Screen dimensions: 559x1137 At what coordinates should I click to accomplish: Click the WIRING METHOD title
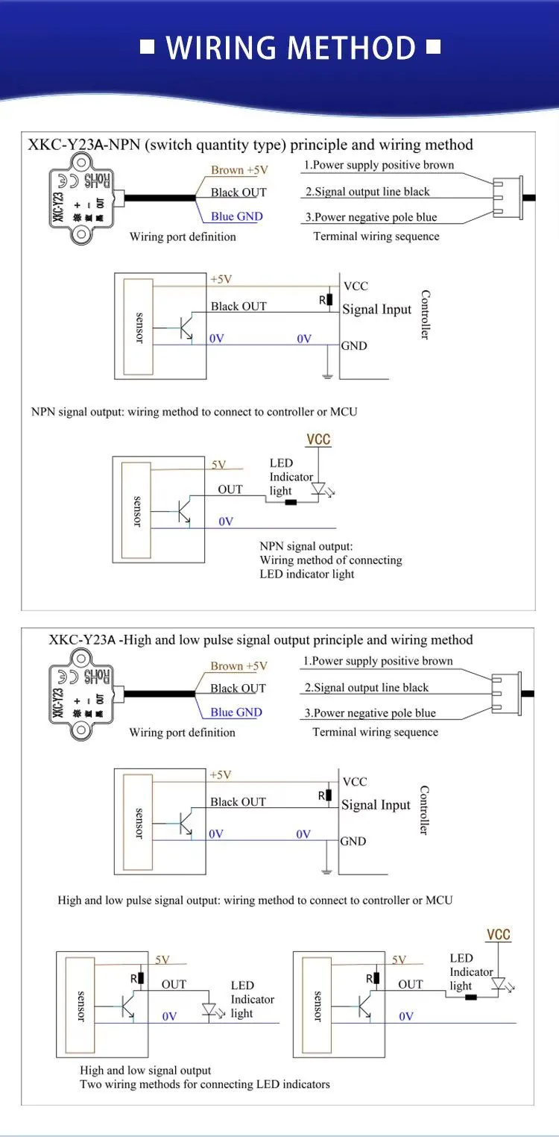click(291, 48)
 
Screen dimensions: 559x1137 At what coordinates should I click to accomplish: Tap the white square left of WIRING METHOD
click(147, 47)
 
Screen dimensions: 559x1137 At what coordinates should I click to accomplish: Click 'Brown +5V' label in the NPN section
click(239, 170)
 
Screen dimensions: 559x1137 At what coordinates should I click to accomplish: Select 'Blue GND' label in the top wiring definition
click(237, 216)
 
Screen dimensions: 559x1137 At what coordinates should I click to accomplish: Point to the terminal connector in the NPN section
click(508, 198)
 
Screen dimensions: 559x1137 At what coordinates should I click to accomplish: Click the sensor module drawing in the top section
click(83, 199)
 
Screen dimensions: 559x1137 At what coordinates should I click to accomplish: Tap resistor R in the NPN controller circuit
click(329, 299)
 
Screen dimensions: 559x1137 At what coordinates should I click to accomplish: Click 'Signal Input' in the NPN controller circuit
click(377, 309)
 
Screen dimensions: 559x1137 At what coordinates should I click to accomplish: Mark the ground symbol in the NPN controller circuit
click(328, 376)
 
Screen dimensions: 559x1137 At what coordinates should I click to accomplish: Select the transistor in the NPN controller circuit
click(186, 328)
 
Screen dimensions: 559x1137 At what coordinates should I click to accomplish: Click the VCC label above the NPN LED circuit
click(318, 439)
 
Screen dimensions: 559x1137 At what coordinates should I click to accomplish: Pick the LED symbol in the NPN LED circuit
click(318, 489)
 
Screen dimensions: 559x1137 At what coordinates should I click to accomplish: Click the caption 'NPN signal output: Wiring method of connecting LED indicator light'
click(331, 560)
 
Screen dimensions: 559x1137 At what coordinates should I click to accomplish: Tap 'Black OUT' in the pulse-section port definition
click(238, 689)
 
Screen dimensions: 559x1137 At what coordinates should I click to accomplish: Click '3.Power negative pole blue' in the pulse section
click(370, 712)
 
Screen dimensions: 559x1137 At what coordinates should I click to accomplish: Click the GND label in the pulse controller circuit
click(353, 841)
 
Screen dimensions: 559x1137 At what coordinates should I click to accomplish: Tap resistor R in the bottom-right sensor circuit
click(377, 977)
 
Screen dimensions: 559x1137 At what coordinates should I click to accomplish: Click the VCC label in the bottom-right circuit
click(498, 935)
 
